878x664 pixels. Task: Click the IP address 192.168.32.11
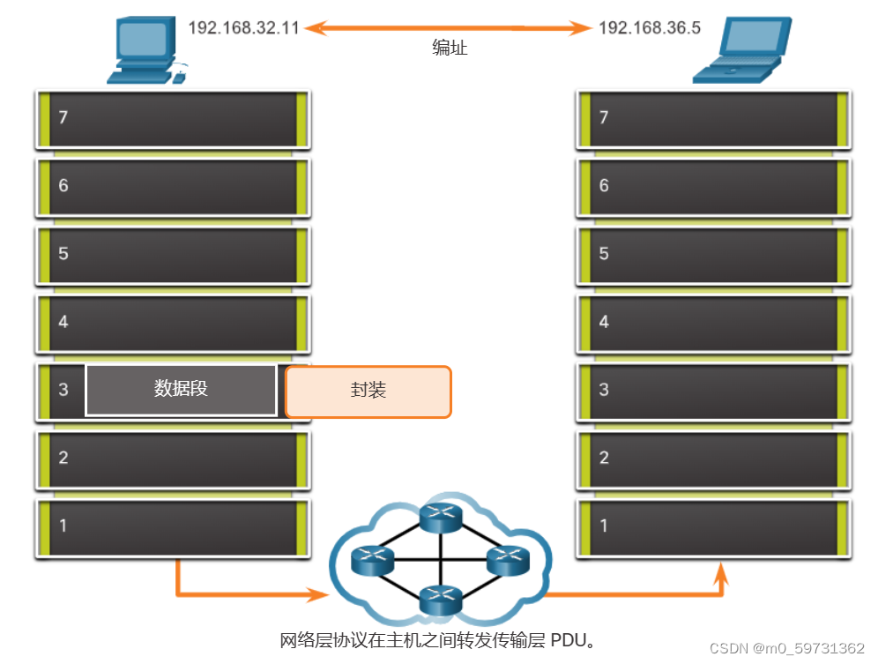click(x=243, y=28)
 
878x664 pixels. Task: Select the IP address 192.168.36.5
click(x=650, y=28)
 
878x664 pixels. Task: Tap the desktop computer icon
click(x=146, y=50)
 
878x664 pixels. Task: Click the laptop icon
click(x=742, y=50)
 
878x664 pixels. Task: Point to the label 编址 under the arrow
click(x=450, y=48)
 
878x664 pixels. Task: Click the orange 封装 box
click(x=368, y=392)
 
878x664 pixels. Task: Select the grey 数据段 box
click(x=181, y=390)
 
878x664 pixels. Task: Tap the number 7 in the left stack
click(x=63, y=117)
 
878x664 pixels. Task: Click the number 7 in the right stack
click(x=604, y=117)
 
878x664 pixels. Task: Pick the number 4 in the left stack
click(x=63, y=322)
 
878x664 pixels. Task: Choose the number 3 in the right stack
click(x=604, y=390)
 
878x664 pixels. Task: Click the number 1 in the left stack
click(x=63, y=526)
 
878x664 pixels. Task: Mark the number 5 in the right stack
click(x=604, y=253)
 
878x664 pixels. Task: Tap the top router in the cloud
click(x=441, y=518)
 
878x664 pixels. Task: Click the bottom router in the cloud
click(x=441, y=601)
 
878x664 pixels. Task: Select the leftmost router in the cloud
click(x=372, y=560)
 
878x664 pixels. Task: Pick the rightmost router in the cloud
click(x=508, y=560)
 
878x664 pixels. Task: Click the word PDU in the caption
click(x=569, y=640)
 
